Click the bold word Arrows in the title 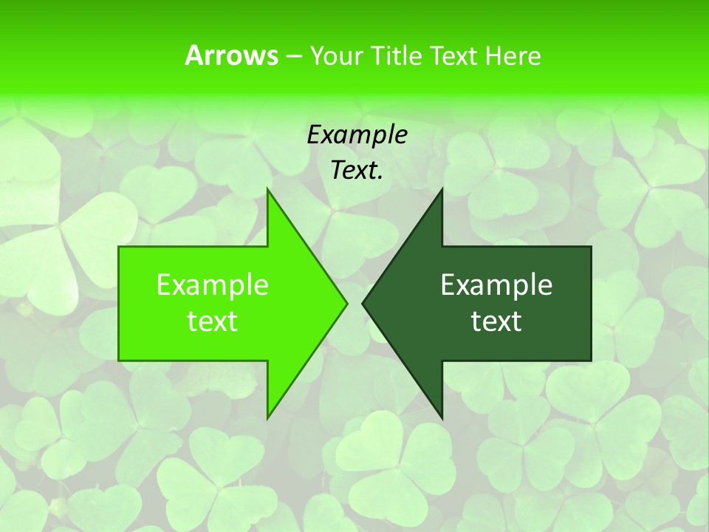pos(231,55)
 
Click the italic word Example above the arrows pos(357,134)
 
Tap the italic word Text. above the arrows pos(357,170)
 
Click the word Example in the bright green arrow pos(213,284)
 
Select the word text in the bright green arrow pos(213,321)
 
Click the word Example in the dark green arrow pos(496,284)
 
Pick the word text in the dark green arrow pos(496,321)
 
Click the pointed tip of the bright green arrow pos(346,303)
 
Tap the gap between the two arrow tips pos(354,303)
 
